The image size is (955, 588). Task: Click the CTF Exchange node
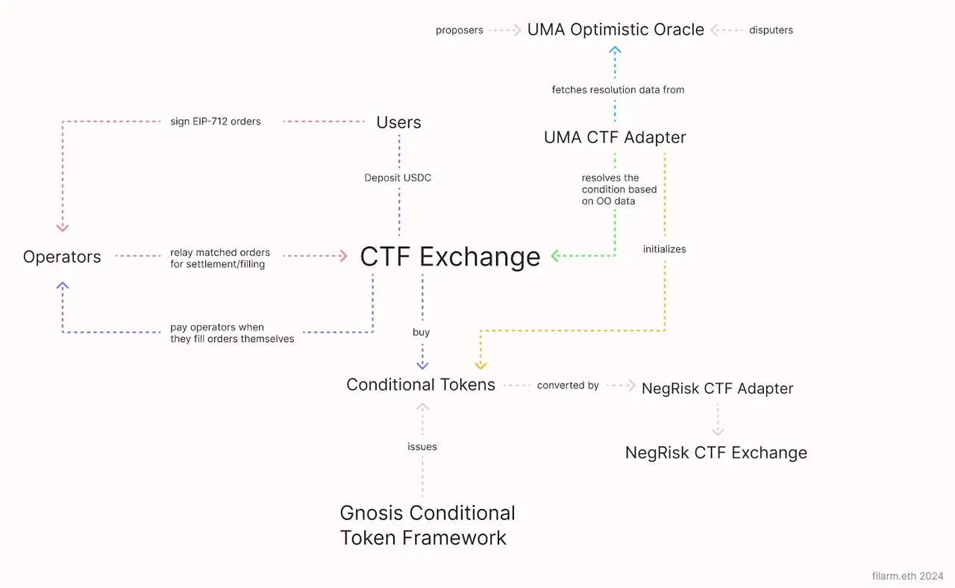tap(450, 256)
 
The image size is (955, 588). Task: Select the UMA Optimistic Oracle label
tap(616, 30)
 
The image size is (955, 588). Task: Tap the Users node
tap(398, 122)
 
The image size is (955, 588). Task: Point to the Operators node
tap(62, 257)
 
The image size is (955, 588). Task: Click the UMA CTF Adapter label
tap(615, 137)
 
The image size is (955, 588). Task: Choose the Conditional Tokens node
tap(421, 385)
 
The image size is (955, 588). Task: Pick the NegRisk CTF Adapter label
tap(717, 388)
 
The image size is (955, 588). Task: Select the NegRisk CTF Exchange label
tap(716, 453)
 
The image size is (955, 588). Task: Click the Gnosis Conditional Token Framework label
tap(428, 525)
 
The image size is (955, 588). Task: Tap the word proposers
tap(460, 31)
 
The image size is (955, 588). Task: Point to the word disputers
tap(771, 31)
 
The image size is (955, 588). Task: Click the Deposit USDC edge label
tap(398, 178)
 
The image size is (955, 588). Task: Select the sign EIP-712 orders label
tap(216, 122)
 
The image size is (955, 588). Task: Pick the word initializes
tap(664, 249)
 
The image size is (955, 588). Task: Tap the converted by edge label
tap(568, 386)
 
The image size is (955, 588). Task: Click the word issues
tap(422, 447)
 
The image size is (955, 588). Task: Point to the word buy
tap(422, 332)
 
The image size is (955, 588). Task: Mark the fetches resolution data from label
tap(618, 90)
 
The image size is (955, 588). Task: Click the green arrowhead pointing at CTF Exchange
tap(556, 256)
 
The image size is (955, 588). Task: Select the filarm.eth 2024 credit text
tap(907, 576)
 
